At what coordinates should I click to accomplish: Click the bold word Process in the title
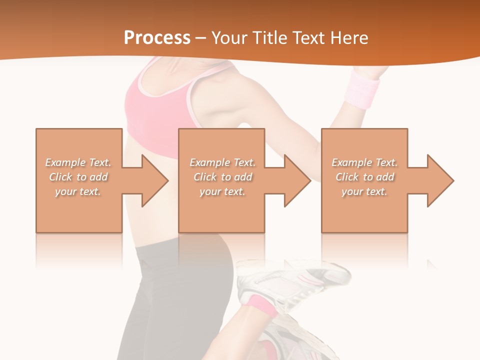tap(157, 38)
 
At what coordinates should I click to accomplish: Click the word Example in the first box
tap(65, 162)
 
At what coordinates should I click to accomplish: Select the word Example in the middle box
tap(209, 162)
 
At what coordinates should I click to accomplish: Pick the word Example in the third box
tap(351, 162)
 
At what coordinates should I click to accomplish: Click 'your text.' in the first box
tap(78, 191)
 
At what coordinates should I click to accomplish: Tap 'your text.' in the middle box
tap(222, 191)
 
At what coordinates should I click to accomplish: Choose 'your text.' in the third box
tap(364, 191)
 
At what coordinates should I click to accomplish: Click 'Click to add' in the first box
tap(78, 177)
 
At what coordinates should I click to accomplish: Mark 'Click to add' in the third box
tap(365, 177)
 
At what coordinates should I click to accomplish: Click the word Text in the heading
tap(307, 38)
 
